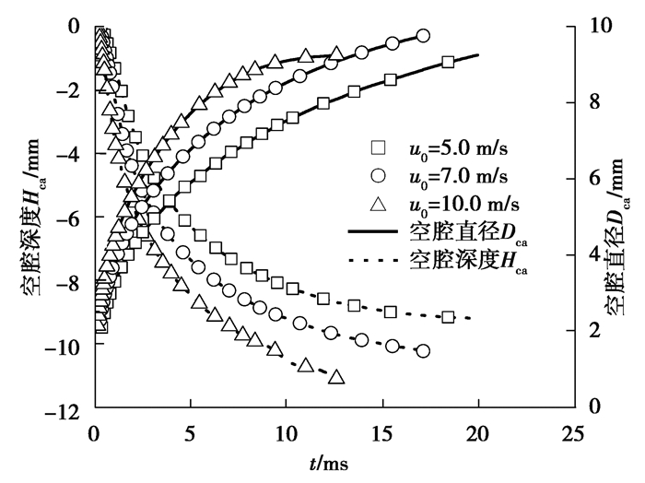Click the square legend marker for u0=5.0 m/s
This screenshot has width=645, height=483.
click(x=376, y=148)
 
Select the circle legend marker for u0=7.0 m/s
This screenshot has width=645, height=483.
click(x=376, y=174)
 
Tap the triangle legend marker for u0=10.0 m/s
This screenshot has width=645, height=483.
click(x=376, y=199)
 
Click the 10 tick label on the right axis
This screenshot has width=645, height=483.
click(x=600, y=25)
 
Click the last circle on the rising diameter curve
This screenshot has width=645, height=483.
click(x=423, y=35)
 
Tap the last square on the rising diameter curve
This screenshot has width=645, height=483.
click(x=448, y=62)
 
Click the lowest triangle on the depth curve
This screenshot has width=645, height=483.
click(x=336, y=376)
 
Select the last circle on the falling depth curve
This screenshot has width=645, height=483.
click(x=423, y=350)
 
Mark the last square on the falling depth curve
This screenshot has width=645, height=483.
click(x=448, y=316)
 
